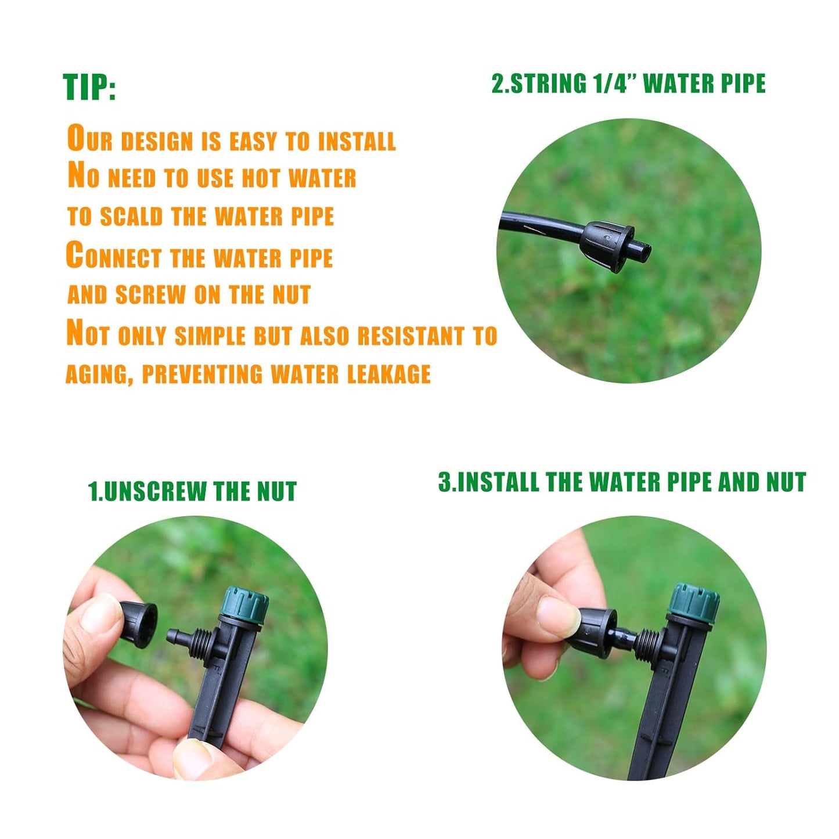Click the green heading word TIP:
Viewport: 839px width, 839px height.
tap(89, 87)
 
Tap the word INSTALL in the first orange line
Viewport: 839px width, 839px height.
tap(357, 141)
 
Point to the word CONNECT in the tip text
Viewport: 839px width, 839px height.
tap(114, 257)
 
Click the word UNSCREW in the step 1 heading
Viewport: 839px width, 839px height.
tap(154, 491)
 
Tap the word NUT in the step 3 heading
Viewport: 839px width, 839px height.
tap(786, 482)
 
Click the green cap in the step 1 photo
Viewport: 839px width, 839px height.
tap(247, 604)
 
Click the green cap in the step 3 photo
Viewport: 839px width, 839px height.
tap(694, 602)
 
